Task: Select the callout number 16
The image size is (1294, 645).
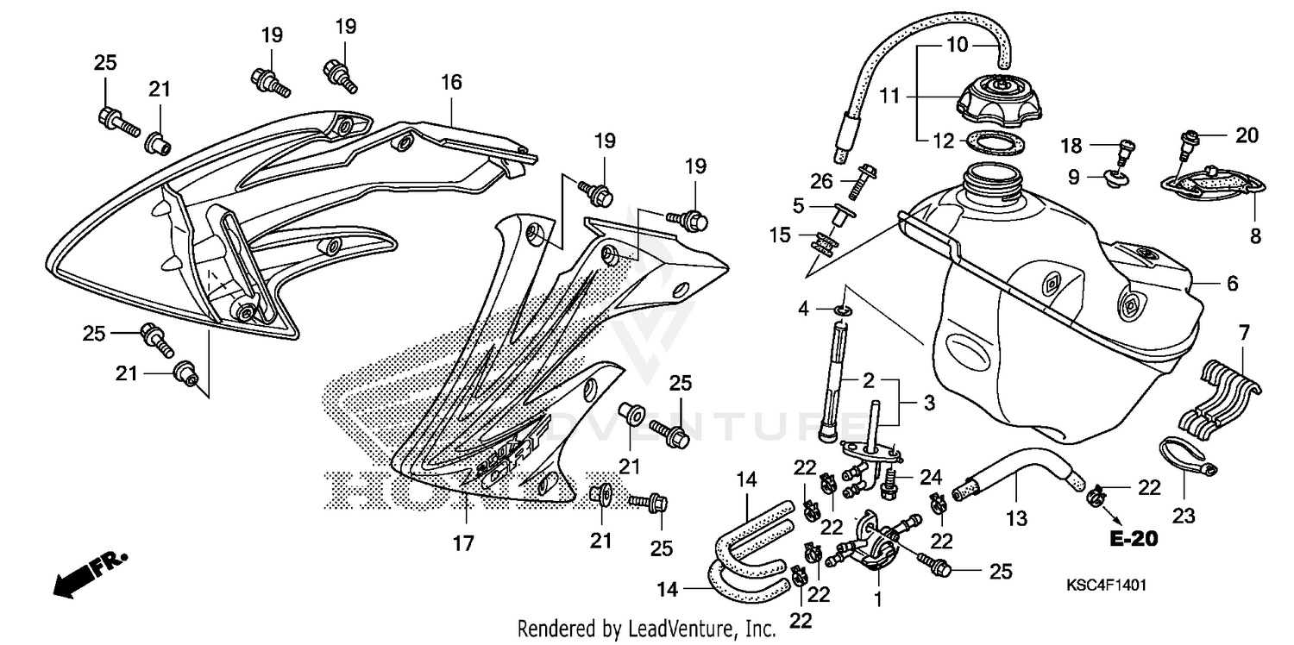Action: pyautogui.click(x=451, y=83)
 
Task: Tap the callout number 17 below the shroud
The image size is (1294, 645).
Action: pyautogui.click(x=463, y=543)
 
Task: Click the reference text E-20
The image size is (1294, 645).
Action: pyautogui.click(x=1133, y=542)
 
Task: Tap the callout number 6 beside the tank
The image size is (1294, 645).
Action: pyautogui.click(x=1232, y=282)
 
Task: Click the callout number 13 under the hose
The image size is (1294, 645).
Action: pyautogui.click(x=1017, y=518)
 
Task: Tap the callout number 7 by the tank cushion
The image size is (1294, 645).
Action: pyautogui.click(x=1243, y=331)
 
